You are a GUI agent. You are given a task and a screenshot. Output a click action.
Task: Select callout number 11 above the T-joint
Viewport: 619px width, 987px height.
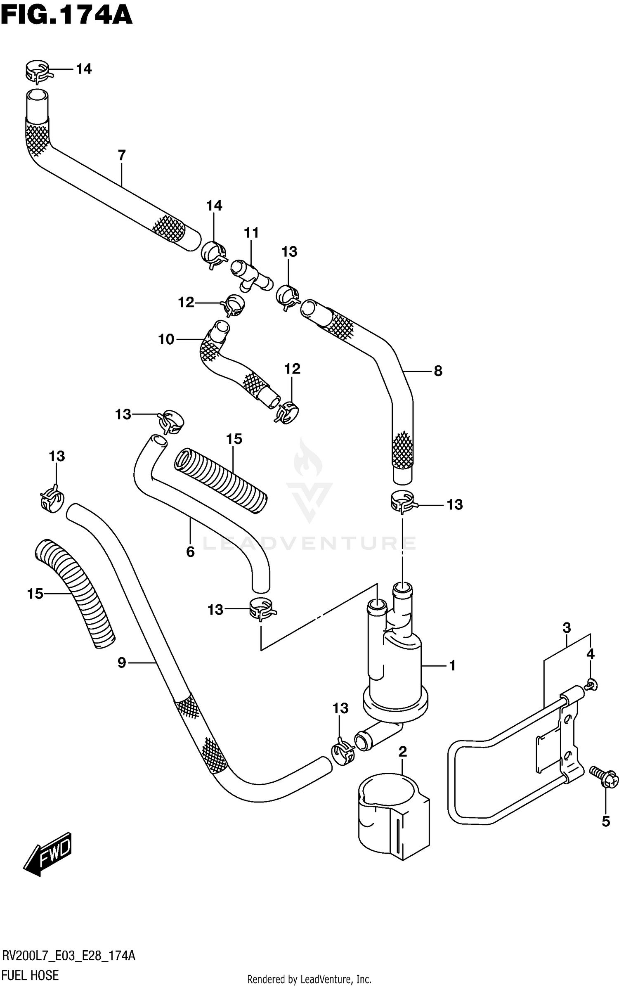[x=251, y=233]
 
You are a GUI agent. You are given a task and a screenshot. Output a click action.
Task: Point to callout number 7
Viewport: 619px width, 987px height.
[x=121, y=156]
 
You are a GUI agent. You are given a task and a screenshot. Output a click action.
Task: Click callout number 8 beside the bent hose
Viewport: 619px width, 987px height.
[x=438, y=371]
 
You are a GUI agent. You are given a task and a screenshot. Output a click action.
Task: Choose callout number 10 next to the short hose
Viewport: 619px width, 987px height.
[x=166, y=340]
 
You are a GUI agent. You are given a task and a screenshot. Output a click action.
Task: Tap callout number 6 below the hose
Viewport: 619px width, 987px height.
[x=190, y=551]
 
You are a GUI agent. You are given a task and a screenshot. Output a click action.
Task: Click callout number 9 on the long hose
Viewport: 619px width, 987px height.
[x=121, y=663]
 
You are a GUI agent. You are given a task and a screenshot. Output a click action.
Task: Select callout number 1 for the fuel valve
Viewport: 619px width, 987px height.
[x=452, y=665]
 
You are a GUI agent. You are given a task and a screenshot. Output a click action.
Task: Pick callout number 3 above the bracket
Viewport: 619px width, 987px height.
[x=567, y=628]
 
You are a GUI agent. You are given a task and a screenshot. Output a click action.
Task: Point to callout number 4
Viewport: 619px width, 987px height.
[x=591, y=654]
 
